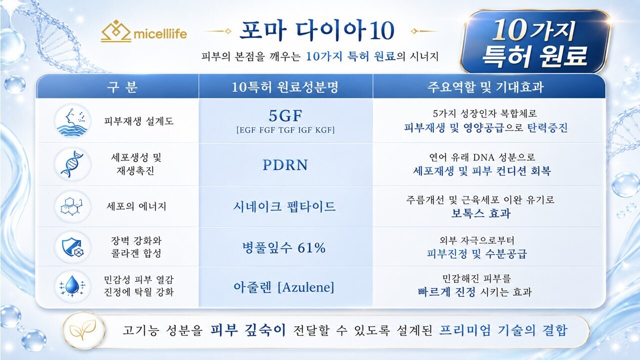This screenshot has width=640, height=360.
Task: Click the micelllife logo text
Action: [x=160, y=34]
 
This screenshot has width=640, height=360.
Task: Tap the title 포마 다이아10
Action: [x=317, y=30]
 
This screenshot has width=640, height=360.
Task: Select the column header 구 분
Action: [x=122, y=87]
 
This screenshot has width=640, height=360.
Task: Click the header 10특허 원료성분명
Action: [x=285, y=87]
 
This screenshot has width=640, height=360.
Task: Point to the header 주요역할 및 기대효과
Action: [x=485, y=87]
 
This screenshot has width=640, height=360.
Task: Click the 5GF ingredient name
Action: [x=285, y=115]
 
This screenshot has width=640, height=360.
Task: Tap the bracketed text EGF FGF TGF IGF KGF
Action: [x=285, y=130]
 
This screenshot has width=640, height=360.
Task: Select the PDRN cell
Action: [x=285, y=165]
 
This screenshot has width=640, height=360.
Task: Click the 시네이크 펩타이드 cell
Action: [x=284, y=206]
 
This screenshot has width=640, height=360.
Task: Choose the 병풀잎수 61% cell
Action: [x=284, y=247]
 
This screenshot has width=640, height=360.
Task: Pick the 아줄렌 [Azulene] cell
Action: [x=284, y=287]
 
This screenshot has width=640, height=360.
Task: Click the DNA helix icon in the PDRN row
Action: [x=72, y=164]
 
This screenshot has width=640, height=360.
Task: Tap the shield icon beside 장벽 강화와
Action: [x=72, y=247]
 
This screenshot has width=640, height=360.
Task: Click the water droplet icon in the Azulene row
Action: [x=72, y=286]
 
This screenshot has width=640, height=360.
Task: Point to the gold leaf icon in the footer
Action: [x=83, y=330]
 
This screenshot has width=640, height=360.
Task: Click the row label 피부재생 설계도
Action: [x=139, y=121]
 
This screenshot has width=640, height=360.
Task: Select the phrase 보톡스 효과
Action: [x=481, y=213]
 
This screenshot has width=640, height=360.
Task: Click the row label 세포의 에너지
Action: [x=136, y=206]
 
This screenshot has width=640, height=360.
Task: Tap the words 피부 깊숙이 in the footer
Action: [x=248, y=330]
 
